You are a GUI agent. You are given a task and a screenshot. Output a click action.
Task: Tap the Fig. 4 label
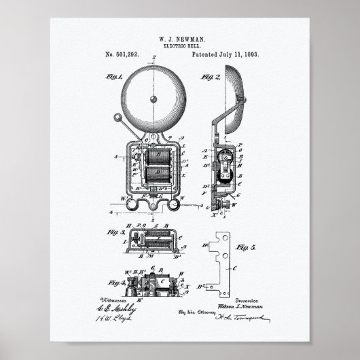click(x=112, y=281)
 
